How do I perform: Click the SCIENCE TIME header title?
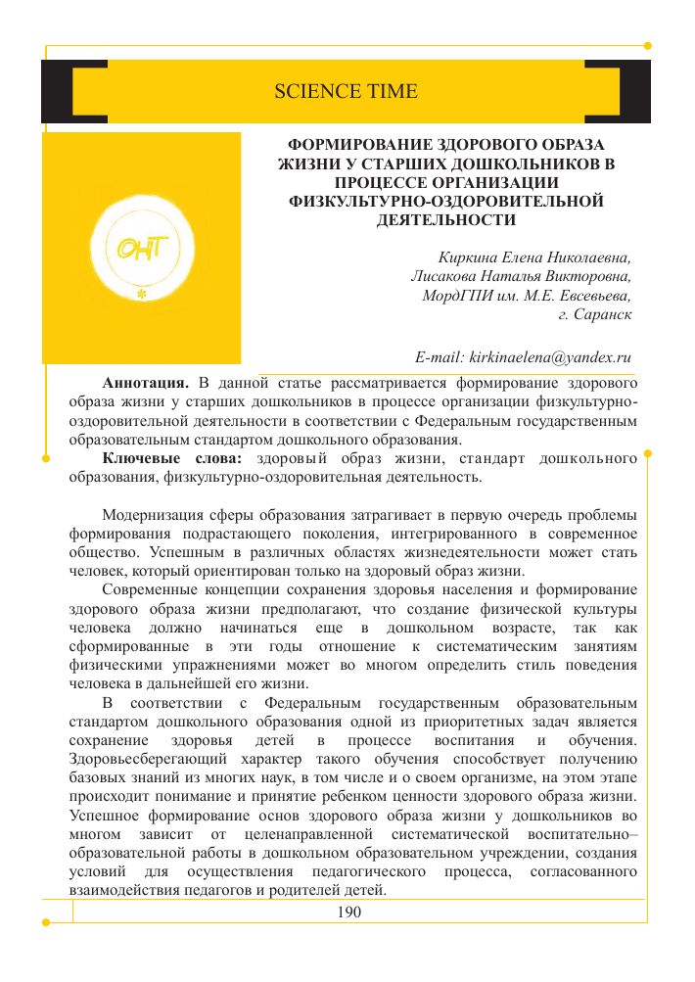tap(346, 92)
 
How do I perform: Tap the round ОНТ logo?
tap(143, 249)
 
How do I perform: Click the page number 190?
tap(348, 912)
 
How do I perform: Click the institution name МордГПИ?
tap(455, 297)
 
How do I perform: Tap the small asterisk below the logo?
tap(143, 293)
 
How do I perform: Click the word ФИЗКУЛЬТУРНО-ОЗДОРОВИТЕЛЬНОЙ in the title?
tap(446, 202)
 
